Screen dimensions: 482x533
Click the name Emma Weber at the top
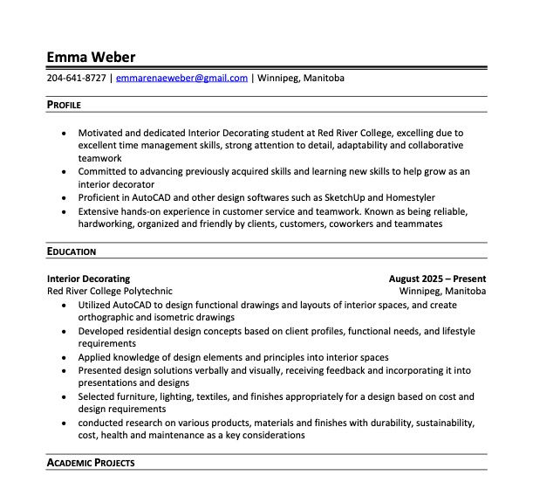tap(91, 58)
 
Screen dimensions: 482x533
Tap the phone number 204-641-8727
tap(77, 79)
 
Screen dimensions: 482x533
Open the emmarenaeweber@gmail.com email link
tap(181, 79)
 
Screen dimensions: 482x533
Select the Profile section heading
tap(64, 105)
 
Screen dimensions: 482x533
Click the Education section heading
tap(72, 251)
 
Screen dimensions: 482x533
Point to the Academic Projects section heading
tap(91, 462)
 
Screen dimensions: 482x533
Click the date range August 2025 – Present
tap(437, 279)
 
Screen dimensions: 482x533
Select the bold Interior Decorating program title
tap(88, 279)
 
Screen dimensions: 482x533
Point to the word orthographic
tap(110, 318)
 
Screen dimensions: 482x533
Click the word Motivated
tap(101, 133)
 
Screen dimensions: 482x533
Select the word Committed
tap(103, 171)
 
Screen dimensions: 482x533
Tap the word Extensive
tap(99, 211)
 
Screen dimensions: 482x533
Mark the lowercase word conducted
tap(101, 423)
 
